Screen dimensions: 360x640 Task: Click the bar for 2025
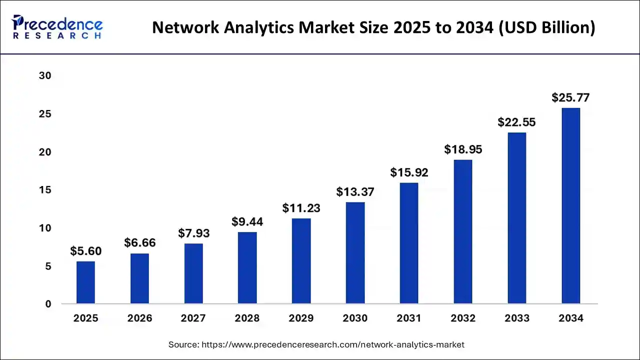point(85,282)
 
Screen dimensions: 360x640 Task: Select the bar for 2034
point(570,206)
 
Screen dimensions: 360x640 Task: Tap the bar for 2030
point(355,253)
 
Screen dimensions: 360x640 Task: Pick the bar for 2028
point(247,268)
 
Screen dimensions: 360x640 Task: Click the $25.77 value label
point(570,98)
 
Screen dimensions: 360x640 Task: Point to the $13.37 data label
point(355,192)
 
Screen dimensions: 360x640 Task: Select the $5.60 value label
point(85,251)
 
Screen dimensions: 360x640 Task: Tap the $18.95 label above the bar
point(463,149)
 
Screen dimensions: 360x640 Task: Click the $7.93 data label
point(193,233)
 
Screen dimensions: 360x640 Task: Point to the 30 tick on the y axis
point(45,76)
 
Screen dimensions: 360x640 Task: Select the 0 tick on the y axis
point(48,304)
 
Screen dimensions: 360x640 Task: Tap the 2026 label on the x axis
point(139,318)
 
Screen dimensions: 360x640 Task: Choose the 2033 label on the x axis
point(516,318)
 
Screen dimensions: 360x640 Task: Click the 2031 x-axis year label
point(409,318)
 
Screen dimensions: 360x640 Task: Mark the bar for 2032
point(463,231)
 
